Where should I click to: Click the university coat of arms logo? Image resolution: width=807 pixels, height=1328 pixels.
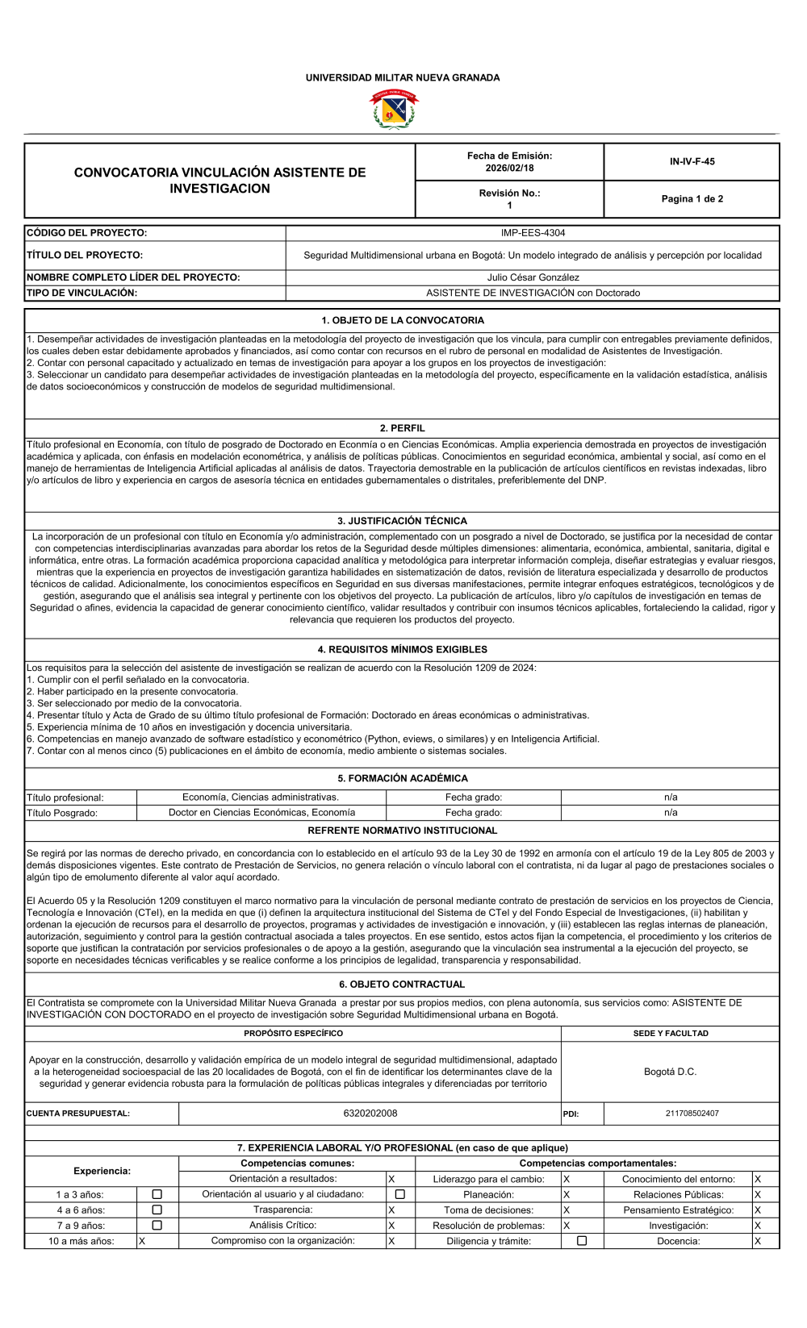[x=394, y=110]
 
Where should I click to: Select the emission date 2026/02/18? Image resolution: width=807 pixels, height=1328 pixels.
[x=509, y=168]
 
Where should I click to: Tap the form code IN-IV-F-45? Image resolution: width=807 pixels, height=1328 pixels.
[x=692, y=161]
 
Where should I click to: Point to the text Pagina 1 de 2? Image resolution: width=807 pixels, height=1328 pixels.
[x=692, y=198]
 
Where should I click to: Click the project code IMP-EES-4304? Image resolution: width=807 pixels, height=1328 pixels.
[x=533, y=233]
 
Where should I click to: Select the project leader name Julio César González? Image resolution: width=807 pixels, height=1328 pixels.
[x=533, y=277]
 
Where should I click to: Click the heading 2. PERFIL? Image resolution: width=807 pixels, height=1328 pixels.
[x=402, y=428]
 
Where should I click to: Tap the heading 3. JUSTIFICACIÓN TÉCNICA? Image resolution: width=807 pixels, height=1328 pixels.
[x=402, y=521]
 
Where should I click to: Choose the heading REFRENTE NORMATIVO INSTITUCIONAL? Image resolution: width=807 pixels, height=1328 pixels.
[x=402, y=830]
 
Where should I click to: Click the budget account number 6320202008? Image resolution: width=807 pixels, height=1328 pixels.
[x=370, y=1113]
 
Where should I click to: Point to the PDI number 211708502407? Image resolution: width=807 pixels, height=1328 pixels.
[x=692, y=1114]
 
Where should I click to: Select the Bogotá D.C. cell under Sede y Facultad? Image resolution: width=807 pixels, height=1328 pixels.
[x=670, y=1072]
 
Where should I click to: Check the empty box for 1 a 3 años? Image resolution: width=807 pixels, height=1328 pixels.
[x=157, y=1194]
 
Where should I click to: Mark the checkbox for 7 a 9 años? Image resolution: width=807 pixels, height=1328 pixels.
[x=157, y=1225]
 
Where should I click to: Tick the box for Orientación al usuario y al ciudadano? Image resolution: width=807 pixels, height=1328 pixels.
[x=399, y=1194]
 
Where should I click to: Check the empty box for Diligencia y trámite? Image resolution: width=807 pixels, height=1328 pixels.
[x=582, y=1241]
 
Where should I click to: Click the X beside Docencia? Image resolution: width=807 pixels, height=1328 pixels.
[x=757, y=1241]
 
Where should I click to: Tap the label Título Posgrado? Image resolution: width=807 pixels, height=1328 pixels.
[x=62, y=813]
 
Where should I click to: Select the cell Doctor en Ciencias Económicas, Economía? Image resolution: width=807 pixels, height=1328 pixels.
[x=261, y=813]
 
